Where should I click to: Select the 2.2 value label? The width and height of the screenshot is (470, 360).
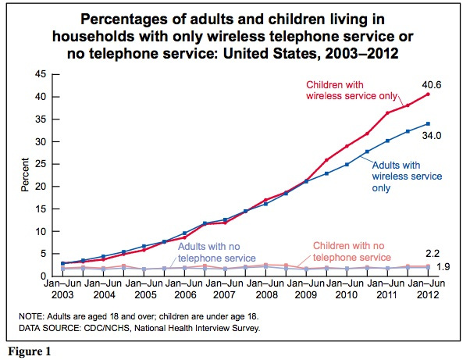(430, 254)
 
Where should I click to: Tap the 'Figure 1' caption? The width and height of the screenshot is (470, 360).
(29, 352)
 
